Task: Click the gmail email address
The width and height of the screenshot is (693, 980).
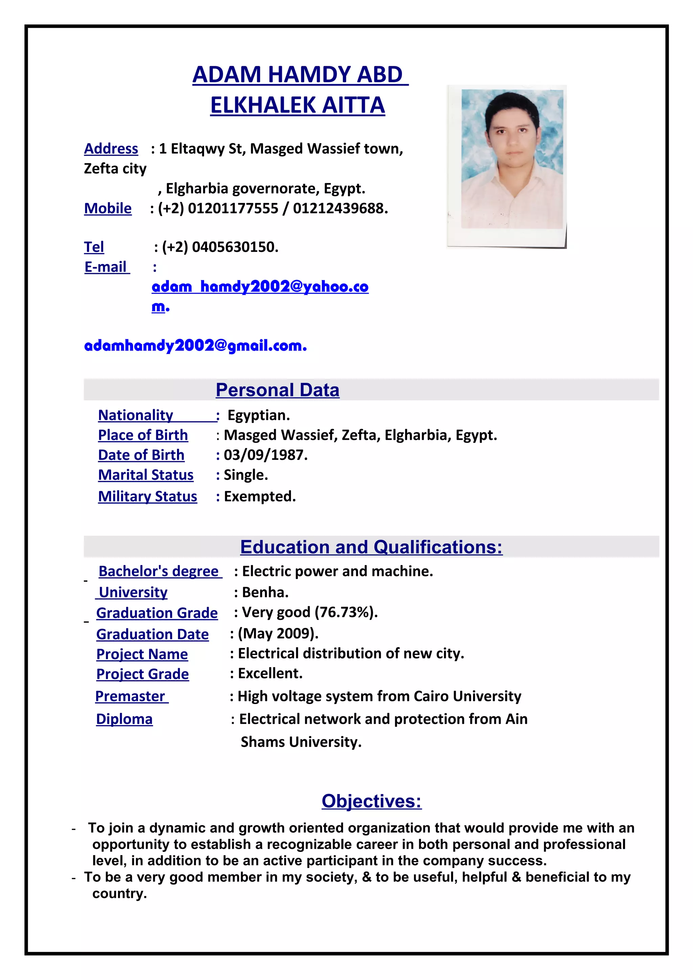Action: tap(195, 345)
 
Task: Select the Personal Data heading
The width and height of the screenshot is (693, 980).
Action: tap(277, 390)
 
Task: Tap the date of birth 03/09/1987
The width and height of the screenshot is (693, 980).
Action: tap(265, 455)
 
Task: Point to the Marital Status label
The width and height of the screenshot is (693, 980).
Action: tap(146, 475)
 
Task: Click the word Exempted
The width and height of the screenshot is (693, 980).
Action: tap(259, 496)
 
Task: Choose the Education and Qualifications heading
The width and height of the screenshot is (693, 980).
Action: tap(371, 547)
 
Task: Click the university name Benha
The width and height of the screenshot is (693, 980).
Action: tap(265, 592)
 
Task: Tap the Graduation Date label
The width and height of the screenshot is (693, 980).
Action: tap(152, 634)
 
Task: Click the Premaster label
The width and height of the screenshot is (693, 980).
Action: tap(130, 696)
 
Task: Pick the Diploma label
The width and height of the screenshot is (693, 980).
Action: tap(124, 719)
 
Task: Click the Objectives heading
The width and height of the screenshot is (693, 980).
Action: tap(371, 801)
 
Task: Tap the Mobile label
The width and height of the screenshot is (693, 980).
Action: tap(108, 208)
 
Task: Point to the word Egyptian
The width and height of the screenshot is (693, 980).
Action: tap(258, 415)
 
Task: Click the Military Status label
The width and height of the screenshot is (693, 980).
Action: tap(147, 496)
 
